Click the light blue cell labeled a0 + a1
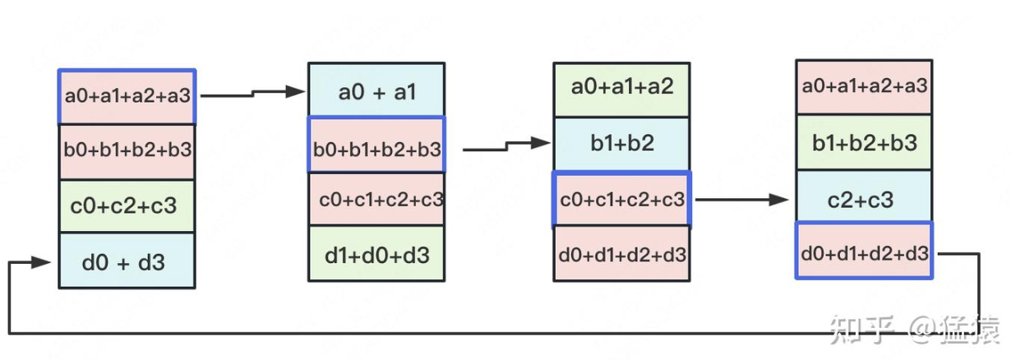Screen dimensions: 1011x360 [x=376, y=90]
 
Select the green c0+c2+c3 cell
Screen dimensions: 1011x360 [x=127, y=206]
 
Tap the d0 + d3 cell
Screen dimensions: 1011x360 [x=127, y=261]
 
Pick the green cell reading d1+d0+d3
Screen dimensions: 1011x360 [x=376, y=253]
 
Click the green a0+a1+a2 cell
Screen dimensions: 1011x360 [x=622, y=90]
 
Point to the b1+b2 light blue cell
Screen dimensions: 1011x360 [x=622, y=145]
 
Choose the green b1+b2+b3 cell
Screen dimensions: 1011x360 [x=864, y=142]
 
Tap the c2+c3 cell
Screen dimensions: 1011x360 [x=864, y=196]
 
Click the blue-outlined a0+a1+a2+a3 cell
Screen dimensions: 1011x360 [x=127, y=96]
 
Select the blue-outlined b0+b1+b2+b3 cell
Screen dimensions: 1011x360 [x=376, y=145]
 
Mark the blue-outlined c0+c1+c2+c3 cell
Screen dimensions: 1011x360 [x=622, y=199]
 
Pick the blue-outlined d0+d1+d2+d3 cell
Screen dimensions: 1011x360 [x=864, y=251]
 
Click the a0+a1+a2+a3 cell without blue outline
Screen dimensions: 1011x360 [x=864, y=87]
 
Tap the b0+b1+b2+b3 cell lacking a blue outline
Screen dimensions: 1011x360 [x=127, y=152]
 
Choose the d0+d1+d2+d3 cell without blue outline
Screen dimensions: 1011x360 [x=622, y=254]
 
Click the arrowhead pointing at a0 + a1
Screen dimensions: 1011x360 [x=295, y=91]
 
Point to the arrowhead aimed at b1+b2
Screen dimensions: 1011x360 [x=540, y=143]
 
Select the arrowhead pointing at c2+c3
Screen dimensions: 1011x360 [x=778, y=200]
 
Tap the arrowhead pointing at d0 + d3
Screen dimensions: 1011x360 [x=41, y=262]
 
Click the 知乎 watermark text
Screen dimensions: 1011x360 [x=862, y=330]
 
